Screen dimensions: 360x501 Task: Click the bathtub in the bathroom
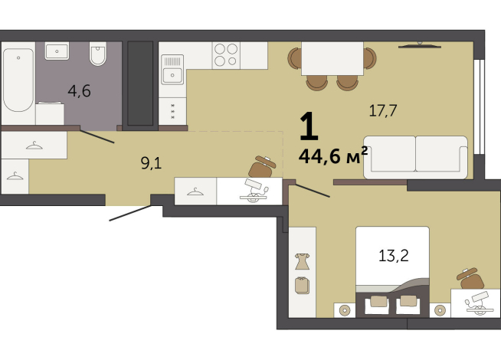pyautogui.click(x=18, y=81)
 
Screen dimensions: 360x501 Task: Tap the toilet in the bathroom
pyautogui.click(x=98, y=55)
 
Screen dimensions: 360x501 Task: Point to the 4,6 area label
pyautogui.click(x=79, y=91)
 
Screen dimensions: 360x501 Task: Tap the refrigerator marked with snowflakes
pyautogui.click(x=174, y=110)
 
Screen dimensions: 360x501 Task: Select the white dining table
pyautogui.click(x=332, y=57)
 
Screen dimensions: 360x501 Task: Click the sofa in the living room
pyautogui.click(x=415, y=157)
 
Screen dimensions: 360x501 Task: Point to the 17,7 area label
pyautogui.click(x=382, y=110)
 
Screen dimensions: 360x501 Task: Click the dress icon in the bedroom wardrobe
pyautogui.click(x=302, y=260)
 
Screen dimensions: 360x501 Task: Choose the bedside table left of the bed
pyautogui.click(x=344, y=310)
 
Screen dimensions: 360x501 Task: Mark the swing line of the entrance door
pyautogui.click(x=129, y=213)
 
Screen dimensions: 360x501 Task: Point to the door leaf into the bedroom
pyautogui.click(x=312, y=189)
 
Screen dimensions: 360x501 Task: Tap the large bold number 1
pyautogui.click(x=308, y=126)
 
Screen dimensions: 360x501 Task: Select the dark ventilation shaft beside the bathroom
pyautogui.click(x=140, y=83)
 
